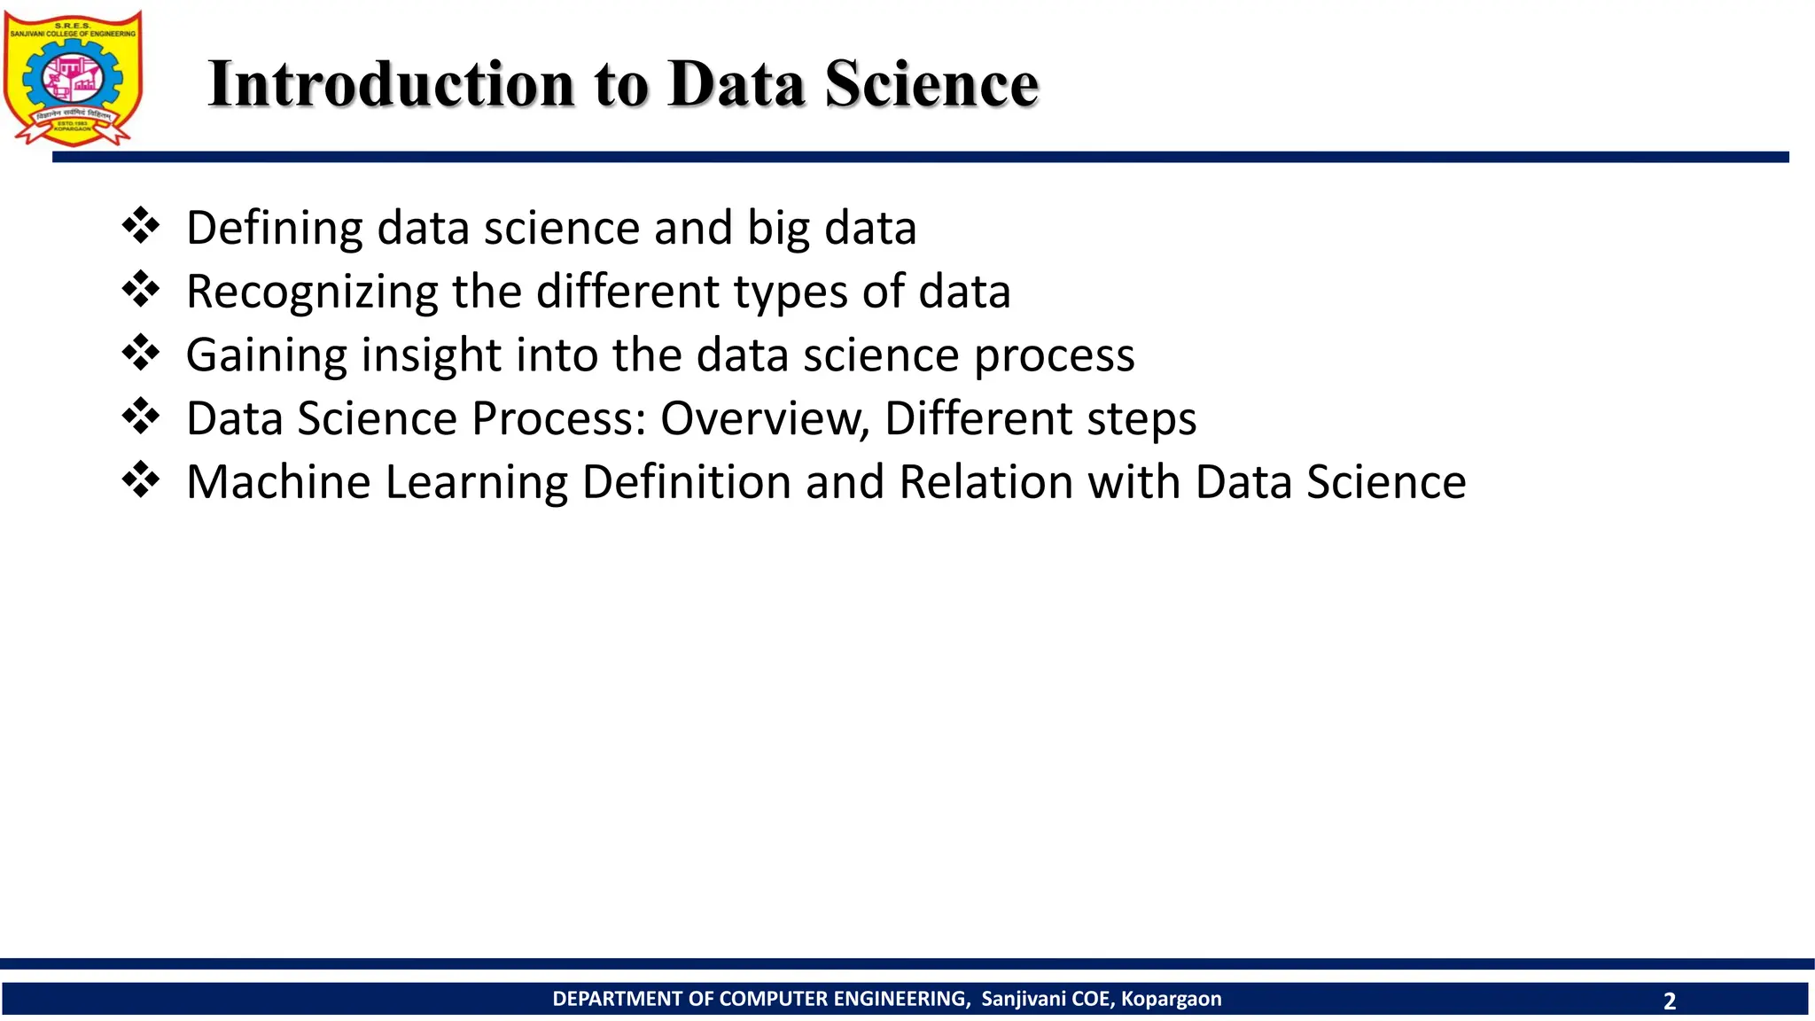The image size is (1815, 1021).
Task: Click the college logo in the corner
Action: pyautogui.click(x=73, y=78)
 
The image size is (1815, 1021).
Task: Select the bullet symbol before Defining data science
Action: pyautogui.click(x=141, y=226)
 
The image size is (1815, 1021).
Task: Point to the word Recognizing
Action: pyautogui.click(x=312, y=292)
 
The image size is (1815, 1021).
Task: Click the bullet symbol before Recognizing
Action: pyautogui.click(x=141, y=290)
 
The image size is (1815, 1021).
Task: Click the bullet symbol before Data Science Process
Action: pyautogui.click(x=141, y=417)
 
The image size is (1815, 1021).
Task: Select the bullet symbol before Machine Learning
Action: pyautogui.click(x=141, y=480)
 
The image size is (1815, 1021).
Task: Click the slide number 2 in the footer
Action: pyautogui.click(x=1670, y=1001)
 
